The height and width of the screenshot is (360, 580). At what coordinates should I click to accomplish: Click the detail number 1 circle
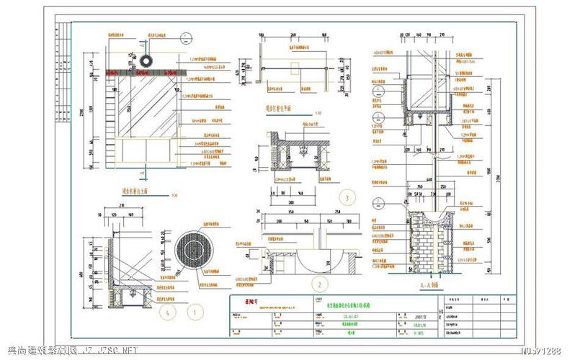(193, 312)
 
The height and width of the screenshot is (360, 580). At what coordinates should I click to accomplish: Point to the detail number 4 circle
(166, 312)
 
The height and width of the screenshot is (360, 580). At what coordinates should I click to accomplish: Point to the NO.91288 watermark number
(540, 351)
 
